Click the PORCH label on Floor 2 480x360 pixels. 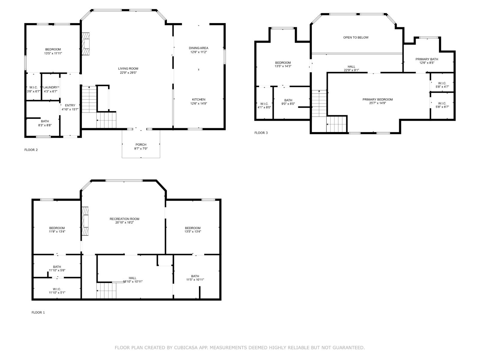point(141,145)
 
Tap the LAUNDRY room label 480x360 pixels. point(50,87)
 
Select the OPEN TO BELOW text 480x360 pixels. point(356,37)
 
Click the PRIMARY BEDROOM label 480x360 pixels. point(377,100)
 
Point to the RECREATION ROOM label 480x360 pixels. point(124,219)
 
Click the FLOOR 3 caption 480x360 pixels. point(261,133)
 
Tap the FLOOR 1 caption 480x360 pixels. point(38,313)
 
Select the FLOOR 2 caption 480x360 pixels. point(31,150)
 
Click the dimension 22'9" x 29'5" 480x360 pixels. point(128,73)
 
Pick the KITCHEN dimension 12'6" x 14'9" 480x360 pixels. point(199,103)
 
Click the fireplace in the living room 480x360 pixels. point(86,44)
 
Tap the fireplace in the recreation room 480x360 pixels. point(86,222)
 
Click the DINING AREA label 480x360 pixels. point(198,48)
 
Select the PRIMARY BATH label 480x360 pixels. point(427,59)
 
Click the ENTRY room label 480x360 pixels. point(70,105)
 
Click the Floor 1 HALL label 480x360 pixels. point(132,278)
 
